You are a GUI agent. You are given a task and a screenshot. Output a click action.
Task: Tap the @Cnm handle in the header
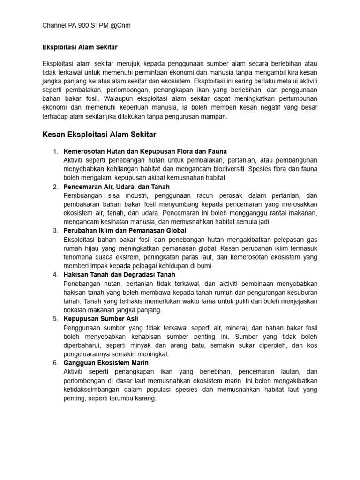120,25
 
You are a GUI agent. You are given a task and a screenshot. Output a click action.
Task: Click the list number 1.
55,151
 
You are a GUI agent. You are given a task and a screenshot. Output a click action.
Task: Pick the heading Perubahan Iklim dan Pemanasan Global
125,231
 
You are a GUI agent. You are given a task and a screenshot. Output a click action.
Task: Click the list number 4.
55,275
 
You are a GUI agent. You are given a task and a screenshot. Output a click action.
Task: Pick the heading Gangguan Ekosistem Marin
106,363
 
